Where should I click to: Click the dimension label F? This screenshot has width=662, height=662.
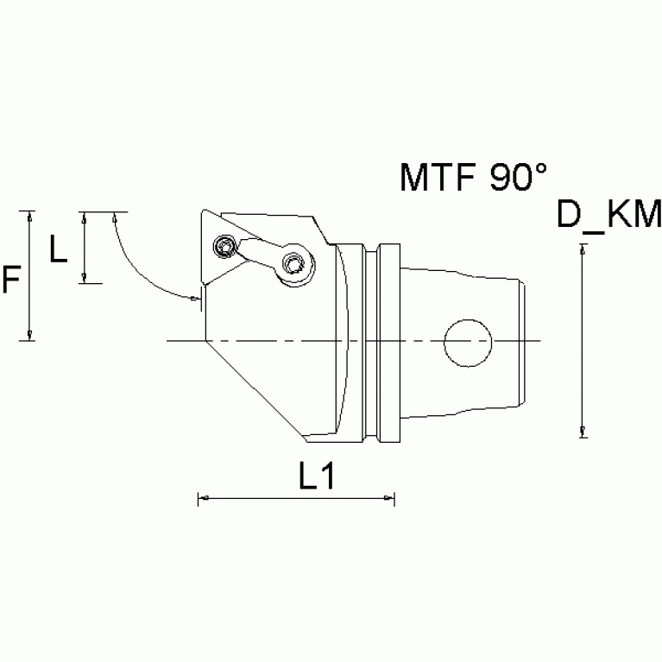click(x=11, y=279)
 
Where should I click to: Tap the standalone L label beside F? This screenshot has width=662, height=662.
click(x=58, y=249)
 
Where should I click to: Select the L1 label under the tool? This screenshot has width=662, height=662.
click(x=317, y=476)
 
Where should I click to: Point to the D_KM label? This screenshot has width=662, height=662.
click(x=608, y=215)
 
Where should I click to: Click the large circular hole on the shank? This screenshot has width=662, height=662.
click(x=468, y=342)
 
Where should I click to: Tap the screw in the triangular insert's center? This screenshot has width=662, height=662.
click(x=226, y=248)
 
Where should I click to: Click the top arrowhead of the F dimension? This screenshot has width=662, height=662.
click(x=31, y=216)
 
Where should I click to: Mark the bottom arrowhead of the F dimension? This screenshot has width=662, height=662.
click(x=31, y=336)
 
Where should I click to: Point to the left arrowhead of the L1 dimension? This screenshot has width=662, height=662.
click(x=204, y=498)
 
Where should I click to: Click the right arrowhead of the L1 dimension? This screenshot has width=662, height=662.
click(x=389, y=498)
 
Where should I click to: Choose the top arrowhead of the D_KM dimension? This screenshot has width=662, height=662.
click(x=584, y=249)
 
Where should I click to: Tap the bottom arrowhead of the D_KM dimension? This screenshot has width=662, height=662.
click(x=584, y=432)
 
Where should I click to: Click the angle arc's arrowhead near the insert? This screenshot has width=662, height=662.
click(x=195, y=299)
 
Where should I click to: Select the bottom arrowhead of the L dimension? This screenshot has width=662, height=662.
click(x=84, y=278)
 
